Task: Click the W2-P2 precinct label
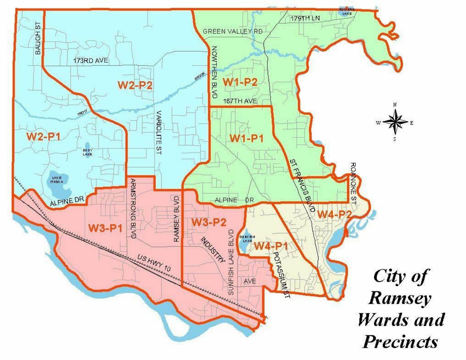pos(135,85)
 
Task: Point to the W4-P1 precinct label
pos(271,246)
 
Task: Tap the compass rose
pos(394,123)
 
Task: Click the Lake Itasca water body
pos(60,181)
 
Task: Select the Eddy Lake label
pos(87,152)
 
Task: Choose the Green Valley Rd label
pos(232,31)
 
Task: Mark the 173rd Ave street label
pos(90,61)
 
